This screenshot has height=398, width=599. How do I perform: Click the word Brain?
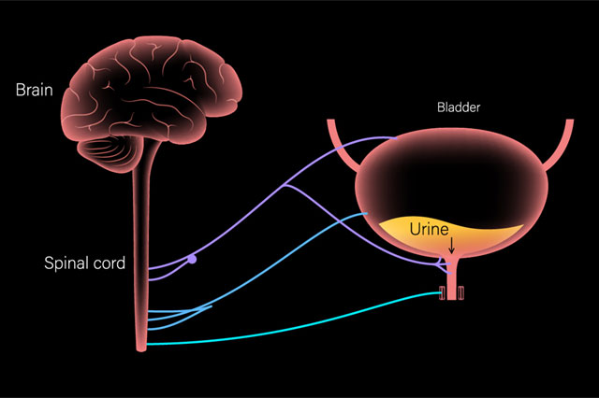(34, 90)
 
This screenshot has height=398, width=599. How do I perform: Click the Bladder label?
(459, 107)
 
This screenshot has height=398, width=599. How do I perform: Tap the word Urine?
(429, 229)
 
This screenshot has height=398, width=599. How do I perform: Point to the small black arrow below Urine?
(451, 246)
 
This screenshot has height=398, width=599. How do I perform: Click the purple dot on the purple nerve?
(192, 260)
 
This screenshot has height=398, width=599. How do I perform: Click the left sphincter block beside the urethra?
(443, 292)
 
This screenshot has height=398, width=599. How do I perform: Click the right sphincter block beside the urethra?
(461, 292)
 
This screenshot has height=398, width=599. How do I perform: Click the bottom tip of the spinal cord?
(141, 350)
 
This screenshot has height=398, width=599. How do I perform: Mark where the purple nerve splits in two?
(285, 185)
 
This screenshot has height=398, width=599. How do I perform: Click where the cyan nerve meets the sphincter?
(440, 292)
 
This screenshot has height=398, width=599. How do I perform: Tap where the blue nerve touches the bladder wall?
(366, 214)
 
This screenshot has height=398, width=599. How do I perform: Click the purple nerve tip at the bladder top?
(396, 138)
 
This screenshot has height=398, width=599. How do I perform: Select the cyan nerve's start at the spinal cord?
(148, 344)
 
